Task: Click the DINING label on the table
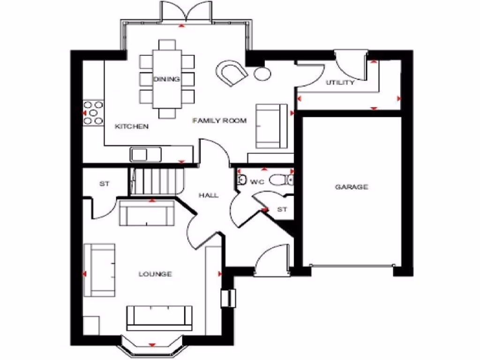167,79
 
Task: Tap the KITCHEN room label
132,127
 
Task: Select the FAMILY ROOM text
219,121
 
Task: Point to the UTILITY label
340,83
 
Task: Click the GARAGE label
351,187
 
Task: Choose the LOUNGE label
155,274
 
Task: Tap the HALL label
208,195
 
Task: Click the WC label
257,181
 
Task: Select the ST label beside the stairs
104,184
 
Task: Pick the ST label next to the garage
282,210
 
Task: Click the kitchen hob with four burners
93,113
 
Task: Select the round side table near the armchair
262,73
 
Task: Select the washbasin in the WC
242,180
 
